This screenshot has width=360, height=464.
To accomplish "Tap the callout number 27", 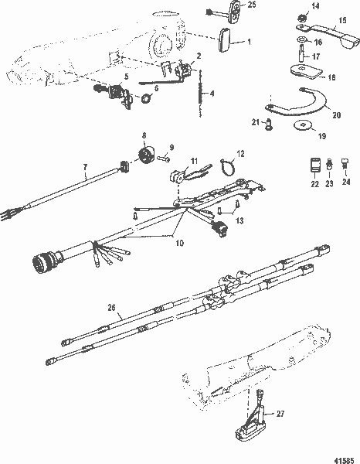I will (x=280, y=415).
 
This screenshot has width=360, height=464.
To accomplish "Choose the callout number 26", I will (x=114, y=308).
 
